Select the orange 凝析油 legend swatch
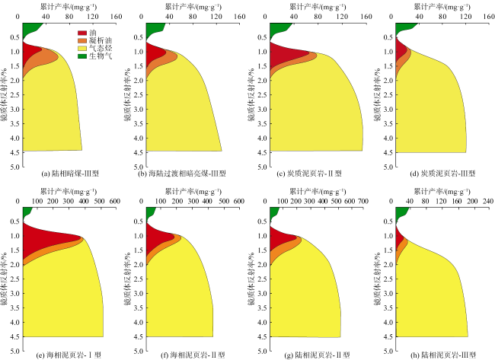(82, 40)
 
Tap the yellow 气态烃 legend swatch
(82, 47)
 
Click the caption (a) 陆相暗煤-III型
(71, 174)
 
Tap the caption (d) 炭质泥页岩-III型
(441, 174)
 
